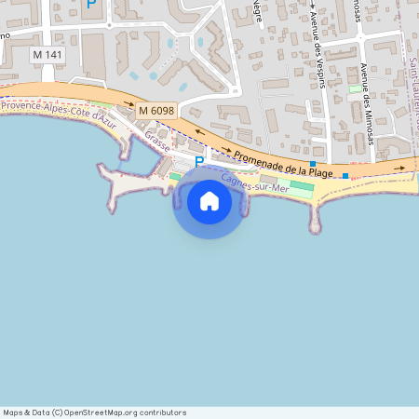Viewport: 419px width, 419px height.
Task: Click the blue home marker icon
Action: click(209, 200)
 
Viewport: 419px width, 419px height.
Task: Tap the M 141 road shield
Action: click(47, 55)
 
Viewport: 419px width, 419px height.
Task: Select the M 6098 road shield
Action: click(156, 111)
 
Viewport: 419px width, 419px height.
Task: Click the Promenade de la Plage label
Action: click(283, 163)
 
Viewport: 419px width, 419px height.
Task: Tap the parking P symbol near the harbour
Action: click(198, 162)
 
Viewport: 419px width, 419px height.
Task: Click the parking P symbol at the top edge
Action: click(90, 5)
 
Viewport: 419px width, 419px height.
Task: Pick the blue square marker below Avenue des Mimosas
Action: click(345, 176)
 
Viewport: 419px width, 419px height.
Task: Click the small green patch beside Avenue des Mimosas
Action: click(355, 88)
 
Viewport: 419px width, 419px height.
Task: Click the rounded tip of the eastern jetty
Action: click(315, 225)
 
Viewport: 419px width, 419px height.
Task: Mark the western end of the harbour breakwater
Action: click(101, 168)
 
